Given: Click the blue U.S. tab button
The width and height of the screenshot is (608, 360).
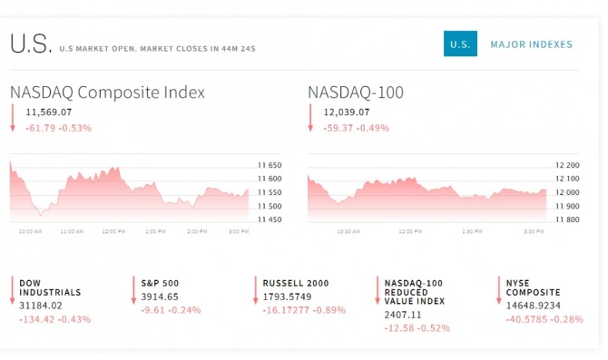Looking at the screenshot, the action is [x=460, y=44].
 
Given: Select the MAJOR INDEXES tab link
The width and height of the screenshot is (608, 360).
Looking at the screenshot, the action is [x=531, y=44].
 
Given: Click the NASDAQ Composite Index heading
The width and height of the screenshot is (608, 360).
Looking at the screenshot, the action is [x=107, y=92].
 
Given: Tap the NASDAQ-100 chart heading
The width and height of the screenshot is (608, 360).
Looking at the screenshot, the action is [x=356, y=92].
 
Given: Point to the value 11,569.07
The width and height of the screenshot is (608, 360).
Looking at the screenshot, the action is [x=49, y=112].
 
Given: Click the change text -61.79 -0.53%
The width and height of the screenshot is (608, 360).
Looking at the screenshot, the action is [x=59, y=128].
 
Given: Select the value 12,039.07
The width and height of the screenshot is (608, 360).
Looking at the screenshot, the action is [x=347, y=112].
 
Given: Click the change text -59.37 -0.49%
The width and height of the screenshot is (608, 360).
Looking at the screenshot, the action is [x=357, y=128].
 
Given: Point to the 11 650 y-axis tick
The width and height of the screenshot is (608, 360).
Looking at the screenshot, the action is [x=270, y=165].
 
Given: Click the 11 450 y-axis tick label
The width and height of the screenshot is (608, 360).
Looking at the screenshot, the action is [x=270, y=219].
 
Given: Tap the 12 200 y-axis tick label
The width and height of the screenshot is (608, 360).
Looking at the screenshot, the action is [x=567, y=165].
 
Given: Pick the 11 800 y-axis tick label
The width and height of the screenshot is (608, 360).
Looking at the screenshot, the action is [x=567, y=219].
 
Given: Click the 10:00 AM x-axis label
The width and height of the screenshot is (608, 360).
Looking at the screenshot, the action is [x=30, y=231].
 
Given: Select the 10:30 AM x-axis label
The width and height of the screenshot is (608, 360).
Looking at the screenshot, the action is [x=348, y=231].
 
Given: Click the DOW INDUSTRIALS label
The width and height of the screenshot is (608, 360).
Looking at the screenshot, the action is [x=50, y=287].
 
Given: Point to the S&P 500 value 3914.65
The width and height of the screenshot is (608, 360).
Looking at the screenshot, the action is [x=160, y=297].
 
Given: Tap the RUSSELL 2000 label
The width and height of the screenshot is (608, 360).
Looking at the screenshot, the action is [x=296, y=283].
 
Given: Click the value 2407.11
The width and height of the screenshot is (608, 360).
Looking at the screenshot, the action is [x=403, y=315].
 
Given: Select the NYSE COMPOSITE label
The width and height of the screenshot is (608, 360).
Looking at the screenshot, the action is [x=534, y=287].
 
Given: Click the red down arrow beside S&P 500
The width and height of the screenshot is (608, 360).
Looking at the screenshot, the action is [x=133, y=290].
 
